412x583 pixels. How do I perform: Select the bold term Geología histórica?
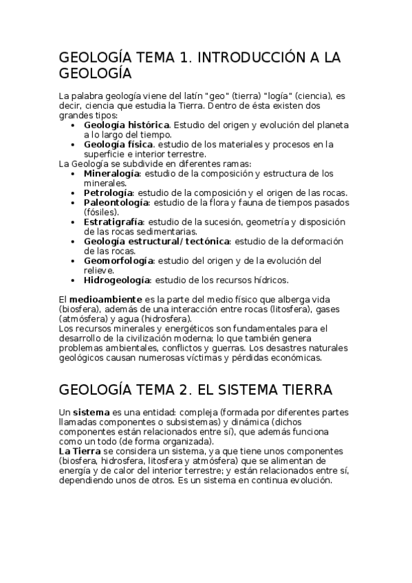click(127, 125)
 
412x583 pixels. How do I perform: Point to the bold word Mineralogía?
click(112, 174)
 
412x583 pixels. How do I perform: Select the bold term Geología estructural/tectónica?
click(157, 241)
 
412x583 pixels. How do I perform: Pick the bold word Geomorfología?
click(118, 261)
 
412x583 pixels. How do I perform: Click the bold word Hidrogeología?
click(117, 280)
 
